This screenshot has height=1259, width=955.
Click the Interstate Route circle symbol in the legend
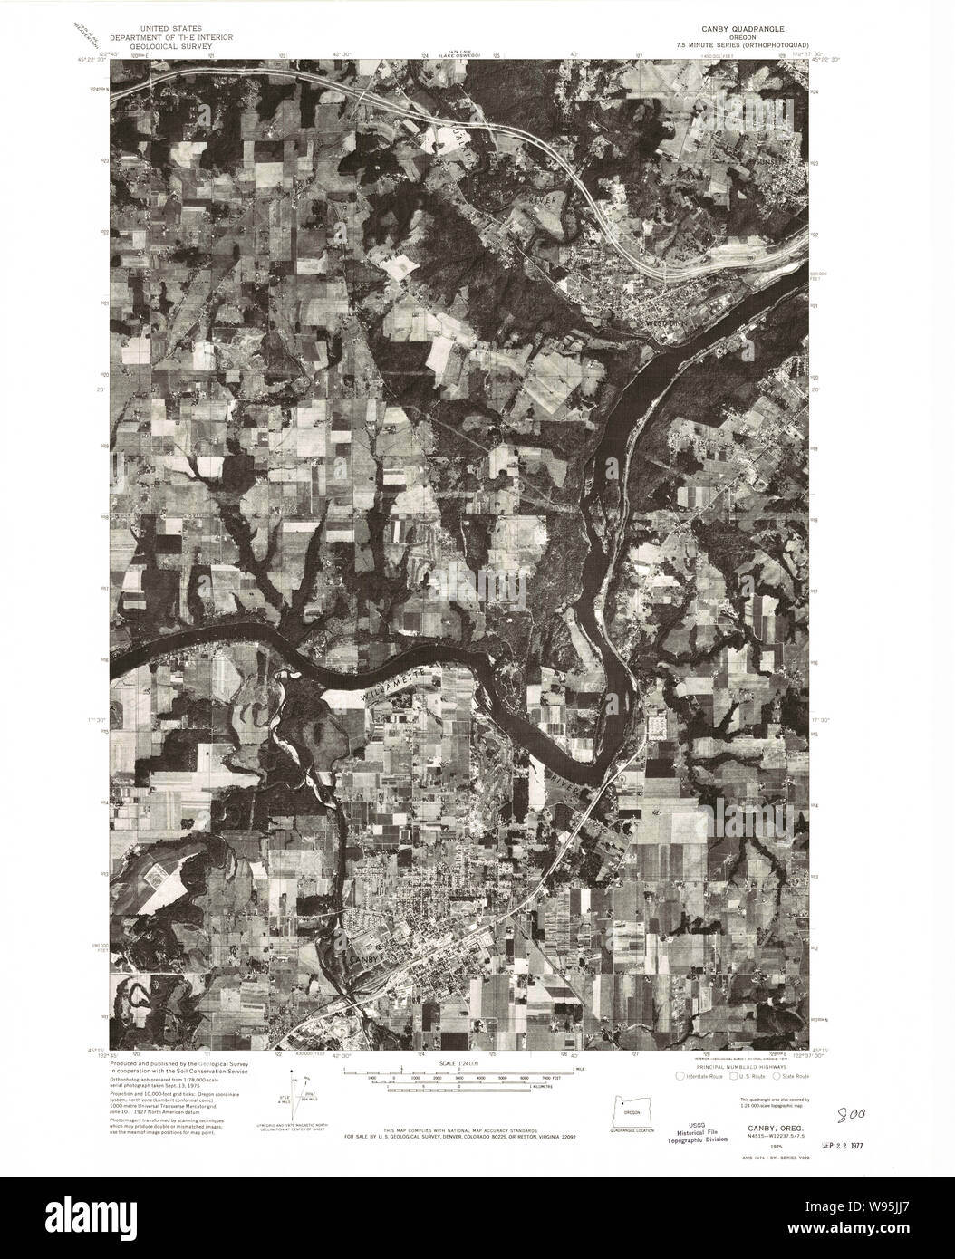(680, 1076)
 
